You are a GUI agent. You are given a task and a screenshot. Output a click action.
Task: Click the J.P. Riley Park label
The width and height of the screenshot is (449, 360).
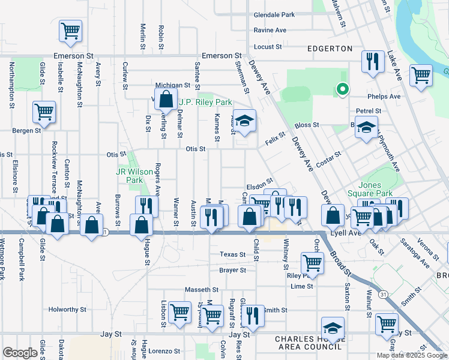205,103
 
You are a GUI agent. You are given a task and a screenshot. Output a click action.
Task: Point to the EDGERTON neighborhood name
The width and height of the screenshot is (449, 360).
330,49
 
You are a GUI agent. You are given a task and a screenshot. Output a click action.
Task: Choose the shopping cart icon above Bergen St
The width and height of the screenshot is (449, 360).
44,111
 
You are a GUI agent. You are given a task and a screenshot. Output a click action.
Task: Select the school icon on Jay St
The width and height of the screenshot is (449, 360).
333,328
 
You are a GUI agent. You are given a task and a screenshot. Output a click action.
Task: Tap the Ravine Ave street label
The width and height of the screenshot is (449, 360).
270,30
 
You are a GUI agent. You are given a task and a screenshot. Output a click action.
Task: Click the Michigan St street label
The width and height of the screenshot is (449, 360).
173,86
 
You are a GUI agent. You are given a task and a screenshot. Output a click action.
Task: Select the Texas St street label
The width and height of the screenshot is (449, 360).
232,254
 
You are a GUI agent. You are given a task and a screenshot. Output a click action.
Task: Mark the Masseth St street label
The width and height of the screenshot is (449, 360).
201,290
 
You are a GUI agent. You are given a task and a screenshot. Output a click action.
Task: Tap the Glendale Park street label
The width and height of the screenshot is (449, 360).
274,14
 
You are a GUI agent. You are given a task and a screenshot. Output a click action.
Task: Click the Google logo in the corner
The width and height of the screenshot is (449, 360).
20,353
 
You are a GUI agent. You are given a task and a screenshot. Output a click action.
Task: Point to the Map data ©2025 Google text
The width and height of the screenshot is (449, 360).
411,355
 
